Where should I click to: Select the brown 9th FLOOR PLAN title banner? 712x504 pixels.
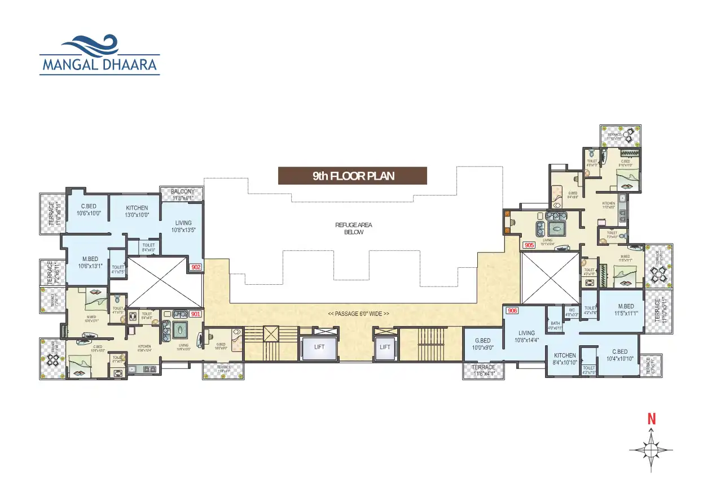[353, 176]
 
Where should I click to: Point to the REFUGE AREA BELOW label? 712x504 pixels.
[354, 228]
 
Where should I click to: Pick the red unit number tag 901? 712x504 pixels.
[195, 314]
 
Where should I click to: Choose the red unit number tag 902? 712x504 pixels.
[195, 268]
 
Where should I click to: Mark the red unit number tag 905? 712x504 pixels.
[529, 245]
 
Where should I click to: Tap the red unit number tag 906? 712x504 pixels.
[512, 311]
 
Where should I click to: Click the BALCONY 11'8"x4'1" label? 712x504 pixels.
[182, 194]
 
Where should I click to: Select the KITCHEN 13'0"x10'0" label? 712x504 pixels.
[137, 211]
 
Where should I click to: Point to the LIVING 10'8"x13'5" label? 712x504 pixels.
[183, 226]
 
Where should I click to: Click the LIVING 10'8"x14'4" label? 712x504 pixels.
[526, 337]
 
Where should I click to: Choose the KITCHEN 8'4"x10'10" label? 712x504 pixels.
[564, 359]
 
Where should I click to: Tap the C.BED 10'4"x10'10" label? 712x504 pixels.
[619, 355]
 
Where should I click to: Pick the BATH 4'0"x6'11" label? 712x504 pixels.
[555, 325]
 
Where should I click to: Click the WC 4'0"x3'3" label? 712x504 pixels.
[571, 312]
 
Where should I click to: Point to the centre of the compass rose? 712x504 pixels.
[651, 450]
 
